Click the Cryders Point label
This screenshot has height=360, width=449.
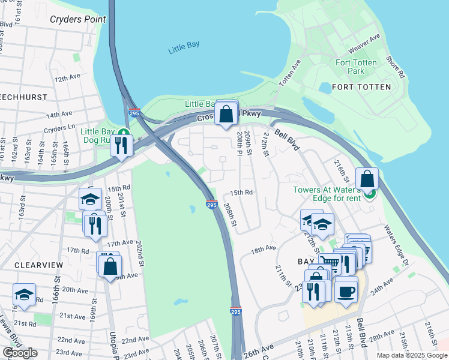point(77,19)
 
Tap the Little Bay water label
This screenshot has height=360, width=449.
point(183,47)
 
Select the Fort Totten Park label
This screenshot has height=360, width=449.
point(357,67)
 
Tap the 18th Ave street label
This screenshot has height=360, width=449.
point(264,248)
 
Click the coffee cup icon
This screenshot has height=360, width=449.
point(346,291)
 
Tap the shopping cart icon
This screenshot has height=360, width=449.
point(328,262)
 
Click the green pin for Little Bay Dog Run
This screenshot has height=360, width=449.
point(123,132)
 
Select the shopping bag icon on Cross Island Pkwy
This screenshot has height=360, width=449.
point(226,114)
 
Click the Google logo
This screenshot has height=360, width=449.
point(20,353)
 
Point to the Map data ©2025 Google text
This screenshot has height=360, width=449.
point(411,355)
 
